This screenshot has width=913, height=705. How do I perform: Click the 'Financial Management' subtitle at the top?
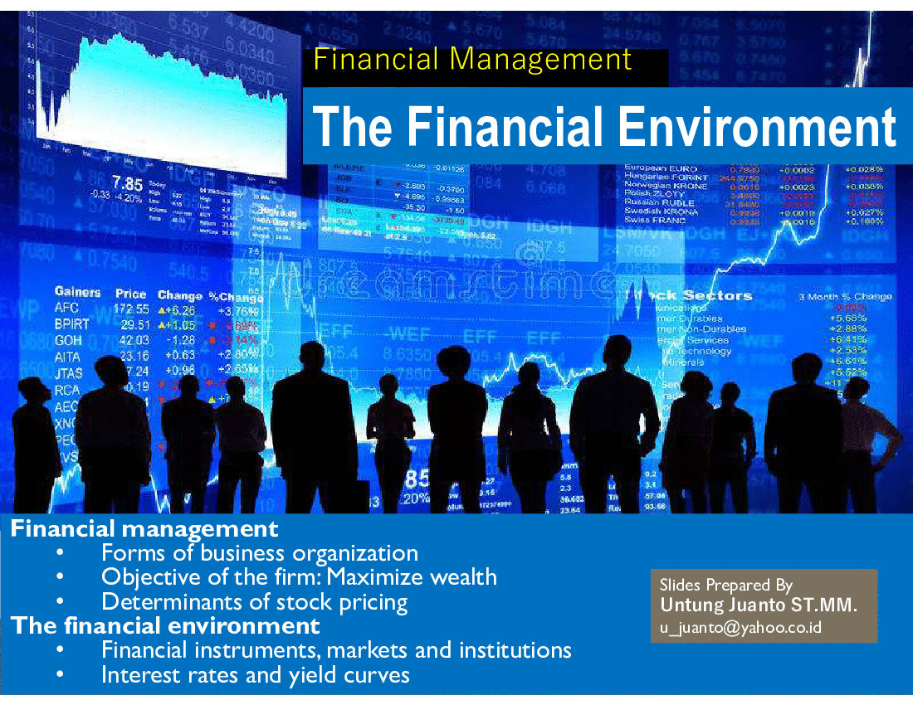pos(473,60)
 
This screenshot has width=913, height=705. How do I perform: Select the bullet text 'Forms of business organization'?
pos(259,552)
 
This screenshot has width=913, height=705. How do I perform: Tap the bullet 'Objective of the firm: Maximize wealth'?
pos(299,576)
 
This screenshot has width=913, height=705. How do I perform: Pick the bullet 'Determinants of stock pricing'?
pos(254,601)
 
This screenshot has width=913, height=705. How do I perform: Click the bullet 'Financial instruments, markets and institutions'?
pos(336,649)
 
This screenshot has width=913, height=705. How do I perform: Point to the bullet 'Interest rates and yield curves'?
pos(255,674)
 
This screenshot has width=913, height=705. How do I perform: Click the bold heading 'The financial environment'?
pos(165,625)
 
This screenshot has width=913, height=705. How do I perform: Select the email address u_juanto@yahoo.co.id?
pos(741,627)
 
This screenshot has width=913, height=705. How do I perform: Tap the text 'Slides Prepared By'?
pos(726,585)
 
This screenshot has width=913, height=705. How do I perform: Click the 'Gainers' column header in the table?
pos(77,292)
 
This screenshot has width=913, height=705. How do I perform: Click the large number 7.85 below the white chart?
pos(128,183)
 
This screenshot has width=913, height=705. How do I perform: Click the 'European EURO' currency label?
pos(661,169)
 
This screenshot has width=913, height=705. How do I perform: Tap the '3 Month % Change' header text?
pos(844,297)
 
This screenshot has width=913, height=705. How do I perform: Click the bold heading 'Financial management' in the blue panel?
pos(144,528)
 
